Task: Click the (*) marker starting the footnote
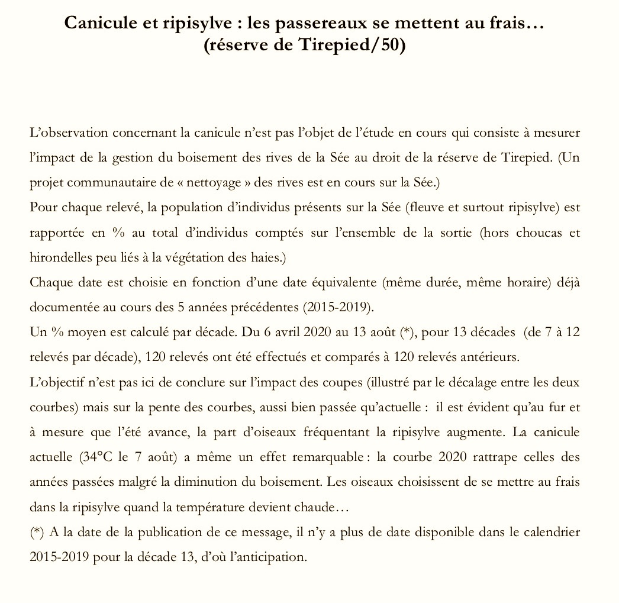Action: (36, 531)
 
